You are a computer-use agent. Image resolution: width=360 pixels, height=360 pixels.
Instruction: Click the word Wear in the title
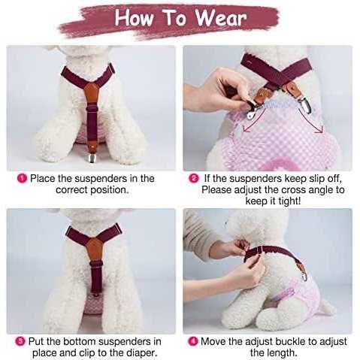[x=221, y=18]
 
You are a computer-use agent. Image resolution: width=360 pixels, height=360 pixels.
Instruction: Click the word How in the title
[x=134, y=18]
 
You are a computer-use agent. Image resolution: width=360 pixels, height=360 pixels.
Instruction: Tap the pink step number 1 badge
[x=22, y=178]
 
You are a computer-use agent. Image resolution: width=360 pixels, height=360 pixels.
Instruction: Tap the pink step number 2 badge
[x=194, y=178]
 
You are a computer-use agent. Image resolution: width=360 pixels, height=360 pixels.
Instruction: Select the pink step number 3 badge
[x=20, y=341]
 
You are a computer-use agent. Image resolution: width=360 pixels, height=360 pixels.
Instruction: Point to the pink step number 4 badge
[x=193, y=341]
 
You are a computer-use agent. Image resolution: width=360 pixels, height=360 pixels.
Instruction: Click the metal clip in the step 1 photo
[x=92, y=157]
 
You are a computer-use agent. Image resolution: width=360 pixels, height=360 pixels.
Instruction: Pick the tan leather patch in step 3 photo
[x=95, y=250]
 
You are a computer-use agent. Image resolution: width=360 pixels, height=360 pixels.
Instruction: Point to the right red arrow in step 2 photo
[x=310, y=119]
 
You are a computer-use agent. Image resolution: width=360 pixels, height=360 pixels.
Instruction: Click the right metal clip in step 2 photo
[x=306, y=104]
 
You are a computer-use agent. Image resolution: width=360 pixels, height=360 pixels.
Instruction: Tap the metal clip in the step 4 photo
[x=304, y=276]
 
